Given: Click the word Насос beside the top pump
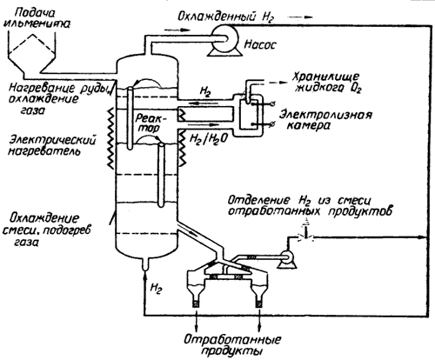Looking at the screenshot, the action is pyautogui.click(x=260, y=44).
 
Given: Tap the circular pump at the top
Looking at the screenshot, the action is pyautogui.click(x=225, y=38).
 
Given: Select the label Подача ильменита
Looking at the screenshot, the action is pyautogui.click(x=37, y=18).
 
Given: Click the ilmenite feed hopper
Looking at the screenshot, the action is pyautogui.click(x=31, y=55).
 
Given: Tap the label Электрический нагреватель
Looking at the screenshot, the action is pyautogui.click(x=52, y=146).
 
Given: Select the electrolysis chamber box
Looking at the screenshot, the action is pyautogui.click(x=251, y=115).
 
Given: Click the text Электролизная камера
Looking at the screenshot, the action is pyautogui.click(x=325, y=120).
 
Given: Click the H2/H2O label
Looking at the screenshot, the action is pyautogui.click(x=207, y=139).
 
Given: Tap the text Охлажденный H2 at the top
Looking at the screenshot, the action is pyautogui.click(x=225, y=17).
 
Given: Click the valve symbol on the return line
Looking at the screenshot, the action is pyautogui.click(x=306, y=237).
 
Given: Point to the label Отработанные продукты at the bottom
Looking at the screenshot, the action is pyautogui.click(x=232, y=345).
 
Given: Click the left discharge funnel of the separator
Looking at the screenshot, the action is pyautogui.click(x=197, y=290).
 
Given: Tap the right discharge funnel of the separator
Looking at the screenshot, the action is pyautogui.click(x=259, y=290).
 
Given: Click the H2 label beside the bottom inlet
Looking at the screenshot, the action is pyautogui.click(x=156, y=289).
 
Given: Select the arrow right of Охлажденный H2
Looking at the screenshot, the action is pyautogui.click(x=302, y=17).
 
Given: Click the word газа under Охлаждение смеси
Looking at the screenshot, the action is pyautogui.click(x=26, y=242).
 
